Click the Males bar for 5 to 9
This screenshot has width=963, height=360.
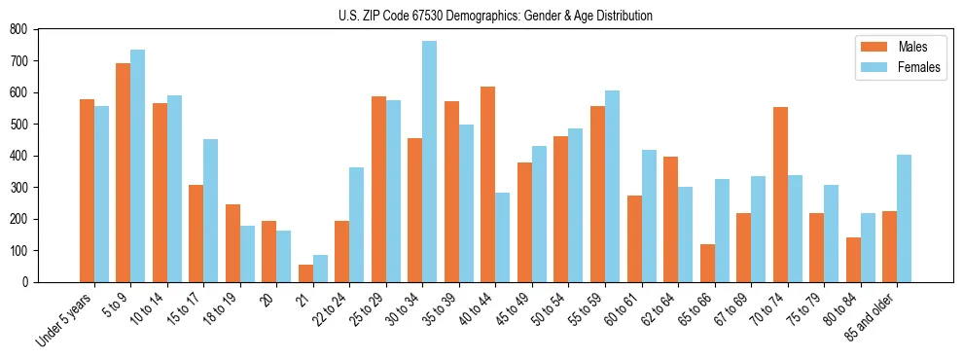point(124,172)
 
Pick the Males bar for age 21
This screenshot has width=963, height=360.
point(305,273)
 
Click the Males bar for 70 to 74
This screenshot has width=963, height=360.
point(780,195)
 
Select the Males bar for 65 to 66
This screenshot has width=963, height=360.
point(707,263)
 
